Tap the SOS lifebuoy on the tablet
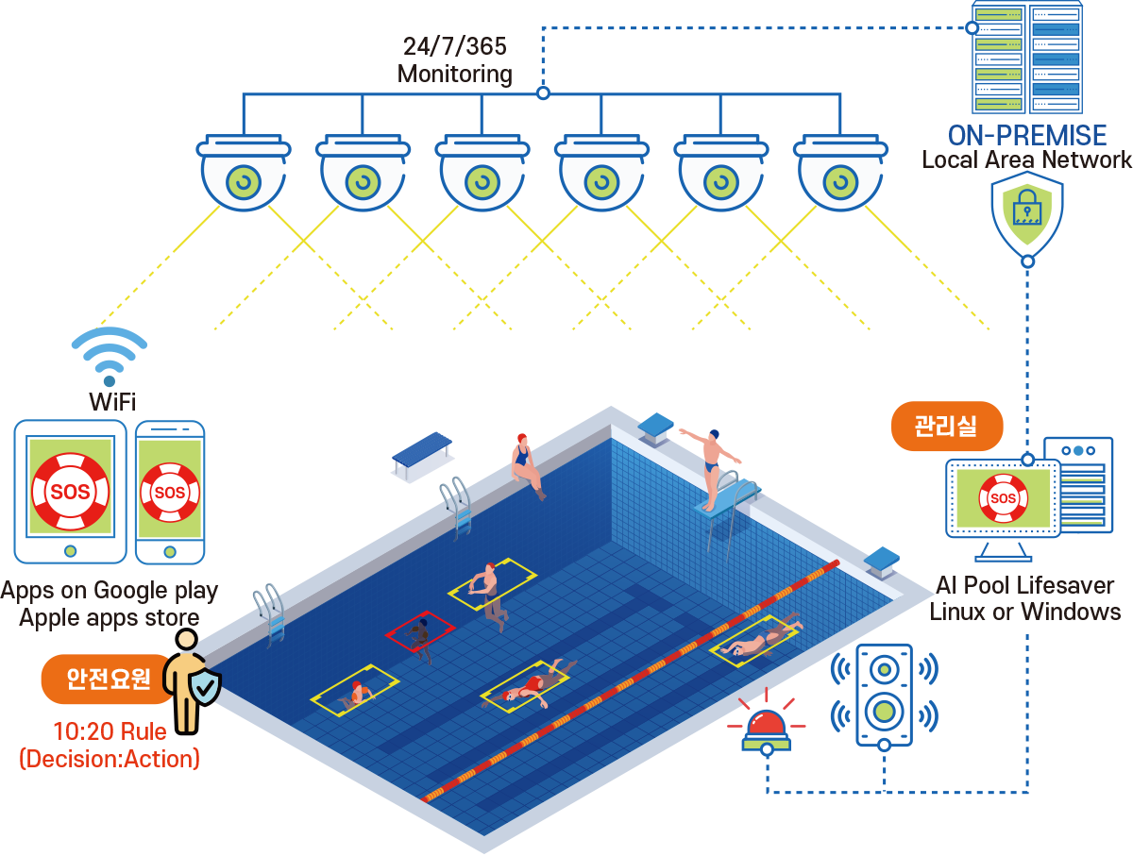click(70, 491)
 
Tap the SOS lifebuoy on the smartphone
click(169, 492)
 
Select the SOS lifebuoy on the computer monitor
click(1003, 498)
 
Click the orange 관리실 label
click(947, 427)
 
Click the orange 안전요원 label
click(108, 679)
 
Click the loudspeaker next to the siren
click(884, 695)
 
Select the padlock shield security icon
click(1026, 214)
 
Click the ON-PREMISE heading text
click(1027, 136)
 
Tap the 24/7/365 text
click(455, 46)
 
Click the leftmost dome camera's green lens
click(244, 182)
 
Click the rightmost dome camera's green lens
click(840, 182)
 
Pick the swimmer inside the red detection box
click(419, 638)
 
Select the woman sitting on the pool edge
click(527, 465)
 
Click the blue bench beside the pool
click(421, 455)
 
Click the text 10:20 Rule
click(110, 731)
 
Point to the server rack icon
click(1026, 57)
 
